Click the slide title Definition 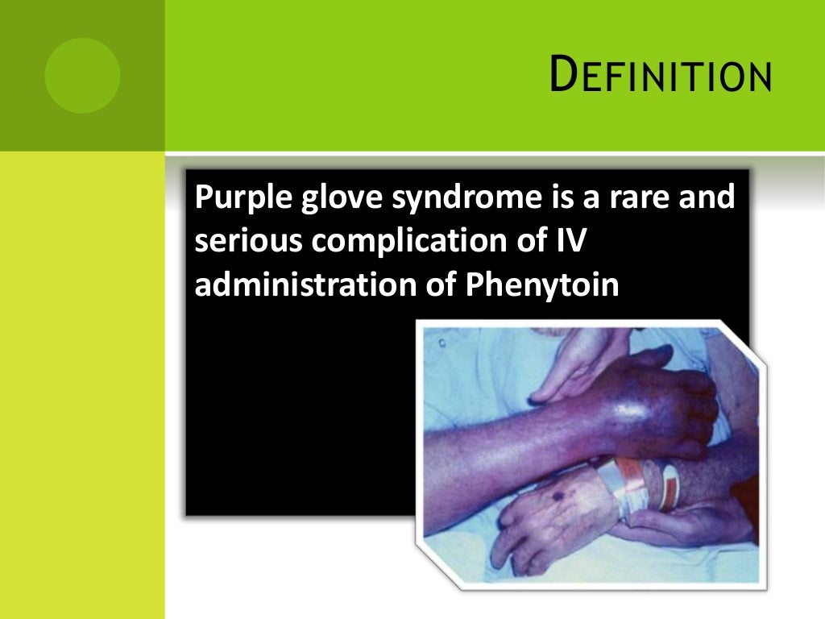click(659, 77)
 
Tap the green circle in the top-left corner click(82, 76)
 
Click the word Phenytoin click(541, 285)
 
